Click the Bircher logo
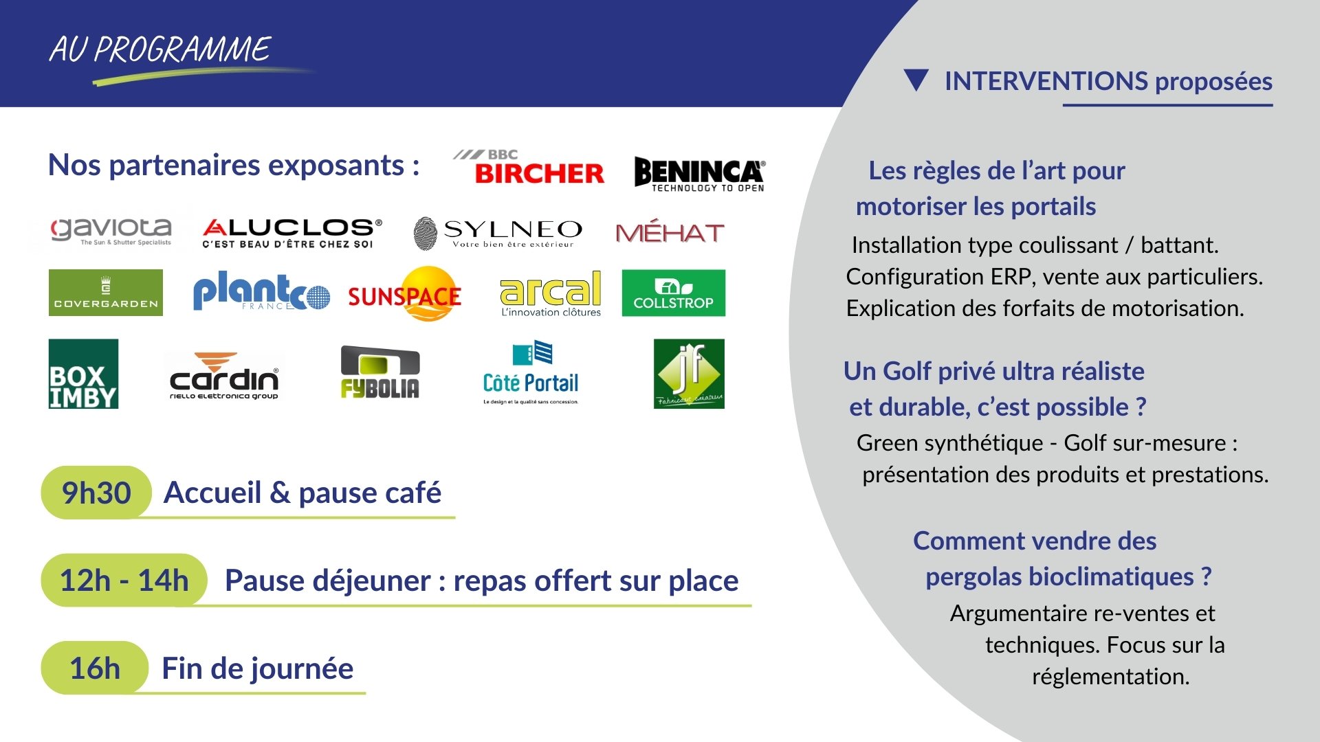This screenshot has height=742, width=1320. click(529, 168)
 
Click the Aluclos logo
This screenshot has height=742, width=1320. click(291, 233)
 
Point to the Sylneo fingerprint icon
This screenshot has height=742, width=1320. click(426, 233)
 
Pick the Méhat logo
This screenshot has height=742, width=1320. click(670, 233)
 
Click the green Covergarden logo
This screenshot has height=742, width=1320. click(106, 293)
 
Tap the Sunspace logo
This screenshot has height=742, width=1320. click(405, 294)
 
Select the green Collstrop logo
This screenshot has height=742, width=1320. click(673, 293)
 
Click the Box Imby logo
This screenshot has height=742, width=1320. click(83, 374)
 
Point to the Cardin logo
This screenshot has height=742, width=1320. click(224, 376)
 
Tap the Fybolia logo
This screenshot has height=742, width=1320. click(380, 372)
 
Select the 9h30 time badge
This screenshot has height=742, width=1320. click(96, 493)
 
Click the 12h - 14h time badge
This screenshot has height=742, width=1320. click(124, 581)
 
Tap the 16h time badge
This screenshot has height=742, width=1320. click(95, 668)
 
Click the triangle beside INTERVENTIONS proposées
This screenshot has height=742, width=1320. click(916, 80)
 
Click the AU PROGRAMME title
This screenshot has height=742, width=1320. click(160, 49)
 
